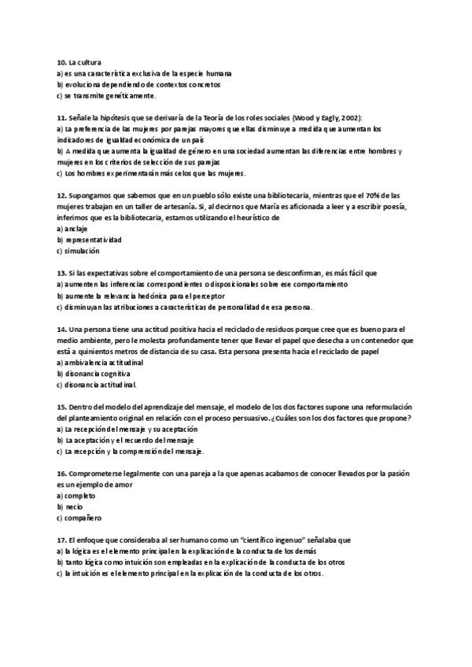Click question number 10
61,61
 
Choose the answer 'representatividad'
94,239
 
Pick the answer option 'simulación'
82,251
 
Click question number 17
61,540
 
